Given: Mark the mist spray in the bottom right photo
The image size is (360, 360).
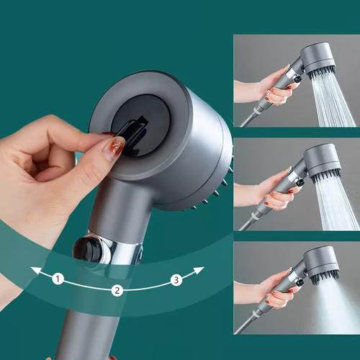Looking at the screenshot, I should [335, 306].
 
